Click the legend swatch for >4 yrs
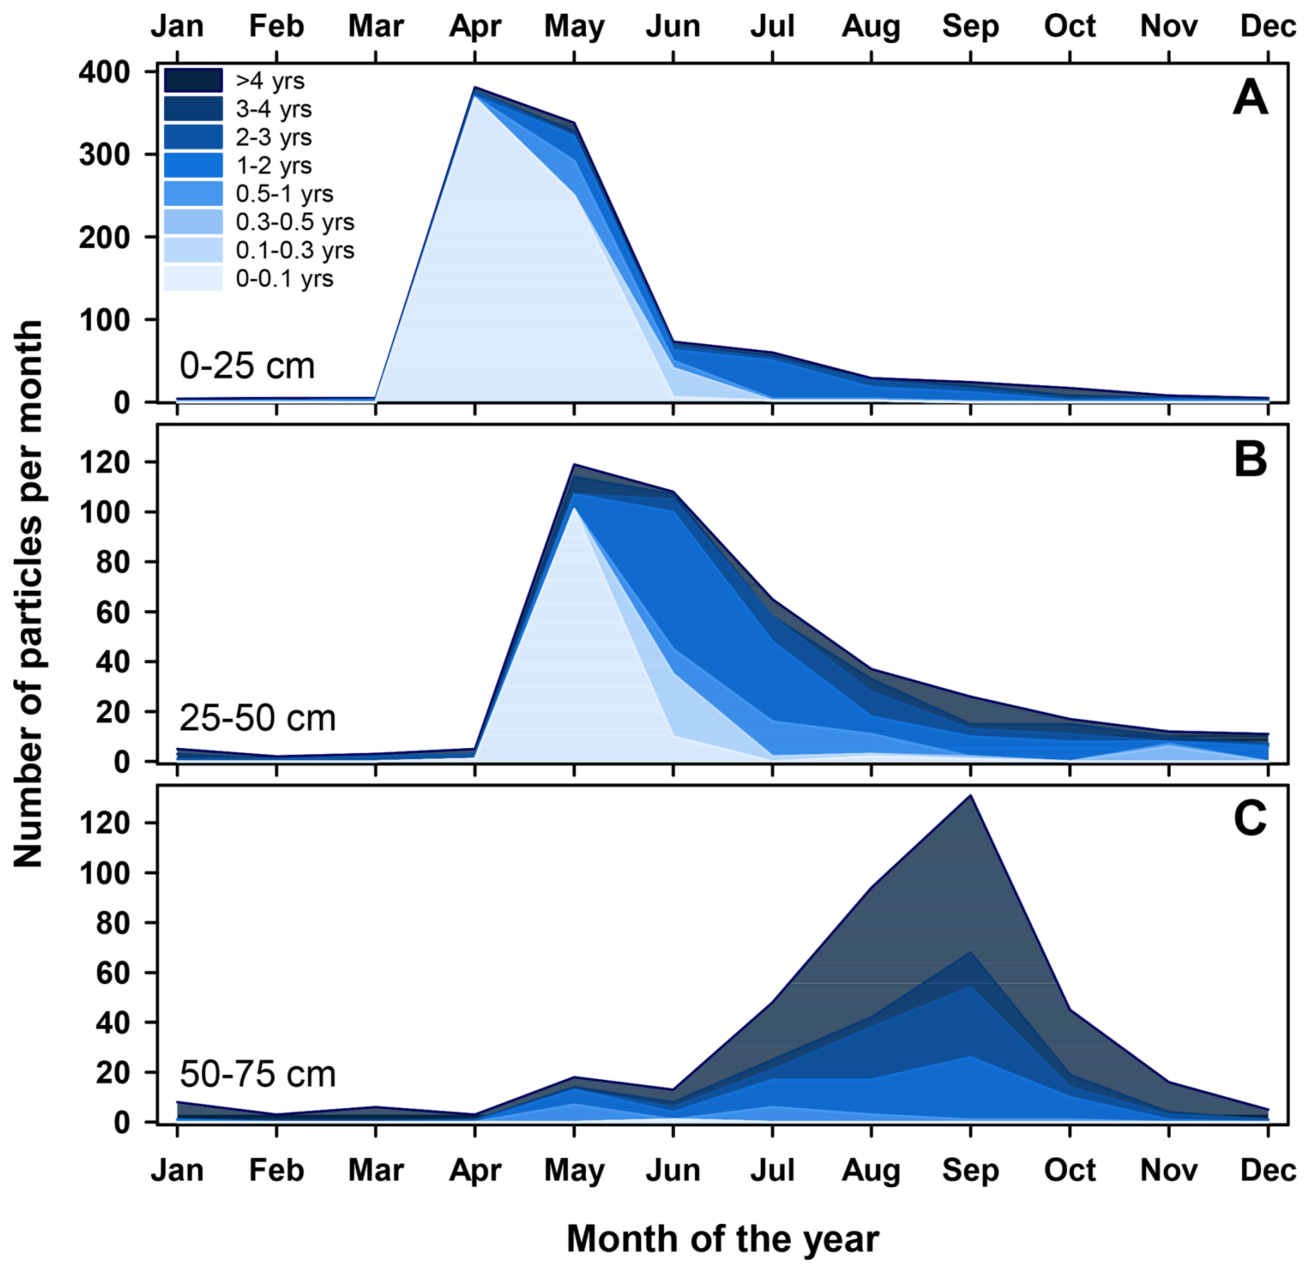(x=193, y=80)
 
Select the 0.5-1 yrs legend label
(x=284, y=194)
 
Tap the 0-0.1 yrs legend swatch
(x=193, y=278)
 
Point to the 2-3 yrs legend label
(x=273, y=137)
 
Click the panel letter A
(x=1250, y=98)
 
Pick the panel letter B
(x=1250, y=459)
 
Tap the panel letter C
(x=1250, y=819)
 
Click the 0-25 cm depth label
(x=247, y=366)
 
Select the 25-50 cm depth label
(x=258, y=718)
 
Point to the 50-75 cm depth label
(x=258, y=1074)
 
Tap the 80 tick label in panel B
(x=112, y=562)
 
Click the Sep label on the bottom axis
(x=970, y=1170)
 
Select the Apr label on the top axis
(x=475, y=26)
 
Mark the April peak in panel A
(x=475, y=88)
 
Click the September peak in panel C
(x=971, y=796)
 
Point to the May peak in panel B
(x=574, y=465)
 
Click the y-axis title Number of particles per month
(x=29, y=594)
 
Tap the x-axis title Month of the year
(x=722, y=1238)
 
